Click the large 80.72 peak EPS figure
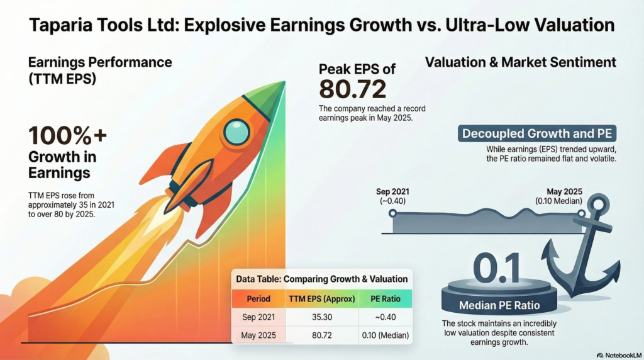tap(352, 89)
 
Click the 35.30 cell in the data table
tap(321, 317)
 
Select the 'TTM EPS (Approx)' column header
tap(321, 299)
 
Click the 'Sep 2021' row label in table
tap(258, 317)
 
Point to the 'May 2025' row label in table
tap(258, 335)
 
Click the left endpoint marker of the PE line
tap(393, 213)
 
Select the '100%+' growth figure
tap(67, 137)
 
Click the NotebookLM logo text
tap(619, 355)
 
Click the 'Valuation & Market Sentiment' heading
tap(520, 62)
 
